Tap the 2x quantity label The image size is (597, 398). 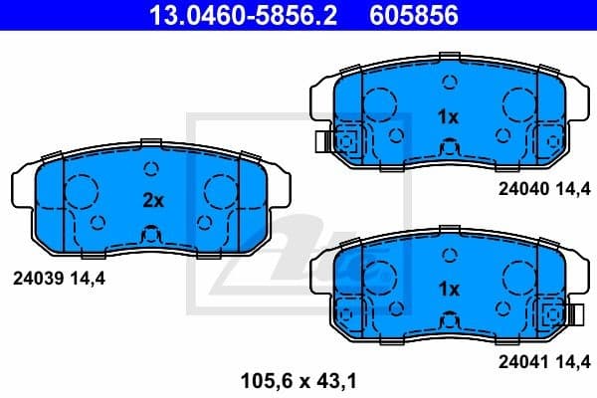(152, 199)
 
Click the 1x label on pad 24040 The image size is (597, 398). (448, 116)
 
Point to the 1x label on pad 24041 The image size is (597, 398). (448, 289)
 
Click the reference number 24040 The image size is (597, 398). (524, 185)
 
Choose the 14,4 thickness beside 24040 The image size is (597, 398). (576, 185)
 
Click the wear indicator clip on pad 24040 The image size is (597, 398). (345, 143)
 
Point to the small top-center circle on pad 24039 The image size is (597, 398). (152, 168)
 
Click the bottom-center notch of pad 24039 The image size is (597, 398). (152, 237)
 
